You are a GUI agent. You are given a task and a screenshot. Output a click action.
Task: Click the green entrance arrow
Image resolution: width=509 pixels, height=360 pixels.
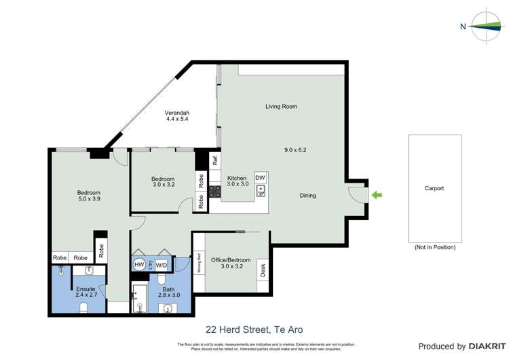(377, 196)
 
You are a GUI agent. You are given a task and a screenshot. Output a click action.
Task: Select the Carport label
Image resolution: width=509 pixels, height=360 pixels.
(434, 188)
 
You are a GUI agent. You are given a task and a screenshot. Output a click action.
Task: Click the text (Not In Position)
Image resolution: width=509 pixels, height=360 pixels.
(434, 248)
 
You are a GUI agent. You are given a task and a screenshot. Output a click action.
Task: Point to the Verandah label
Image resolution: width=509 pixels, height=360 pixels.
(176, 113)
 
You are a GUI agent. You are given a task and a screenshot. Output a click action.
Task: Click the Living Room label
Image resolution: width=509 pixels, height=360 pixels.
(280, 107)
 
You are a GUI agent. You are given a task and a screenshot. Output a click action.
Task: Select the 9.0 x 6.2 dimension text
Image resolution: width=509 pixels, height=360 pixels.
(295, 150)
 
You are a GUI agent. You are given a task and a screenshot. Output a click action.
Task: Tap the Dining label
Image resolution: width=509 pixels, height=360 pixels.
(308, 196)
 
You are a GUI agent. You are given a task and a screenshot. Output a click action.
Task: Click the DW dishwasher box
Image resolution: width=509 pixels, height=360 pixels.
(260, 177)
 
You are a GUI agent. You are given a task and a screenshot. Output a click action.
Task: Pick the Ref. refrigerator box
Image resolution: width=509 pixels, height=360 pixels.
(215, 161)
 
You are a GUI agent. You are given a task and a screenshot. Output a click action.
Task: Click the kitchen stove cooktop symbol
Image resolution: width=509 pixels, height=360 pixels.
(215, 192)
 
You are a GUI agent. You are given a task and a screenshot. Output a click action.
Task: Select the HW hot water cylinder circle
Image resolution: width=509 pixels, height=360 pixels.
(139, 264)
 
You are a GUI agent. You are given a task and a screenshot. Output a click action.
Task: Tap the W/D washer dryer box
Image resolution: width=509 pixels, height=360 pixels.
(162, 264)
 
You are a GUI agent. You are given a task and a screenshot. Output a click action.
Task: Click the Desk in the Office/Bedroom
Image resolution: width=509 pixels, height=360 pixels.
(263, 270)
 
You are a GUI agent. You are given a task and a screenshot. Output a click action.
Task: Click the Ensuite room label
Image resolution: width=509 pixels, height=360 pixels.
(86, 289)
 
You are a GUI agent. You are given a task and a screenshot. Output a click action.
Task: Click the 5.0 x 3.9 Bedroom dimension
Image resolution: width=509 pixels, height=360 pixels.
(88, 200)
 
